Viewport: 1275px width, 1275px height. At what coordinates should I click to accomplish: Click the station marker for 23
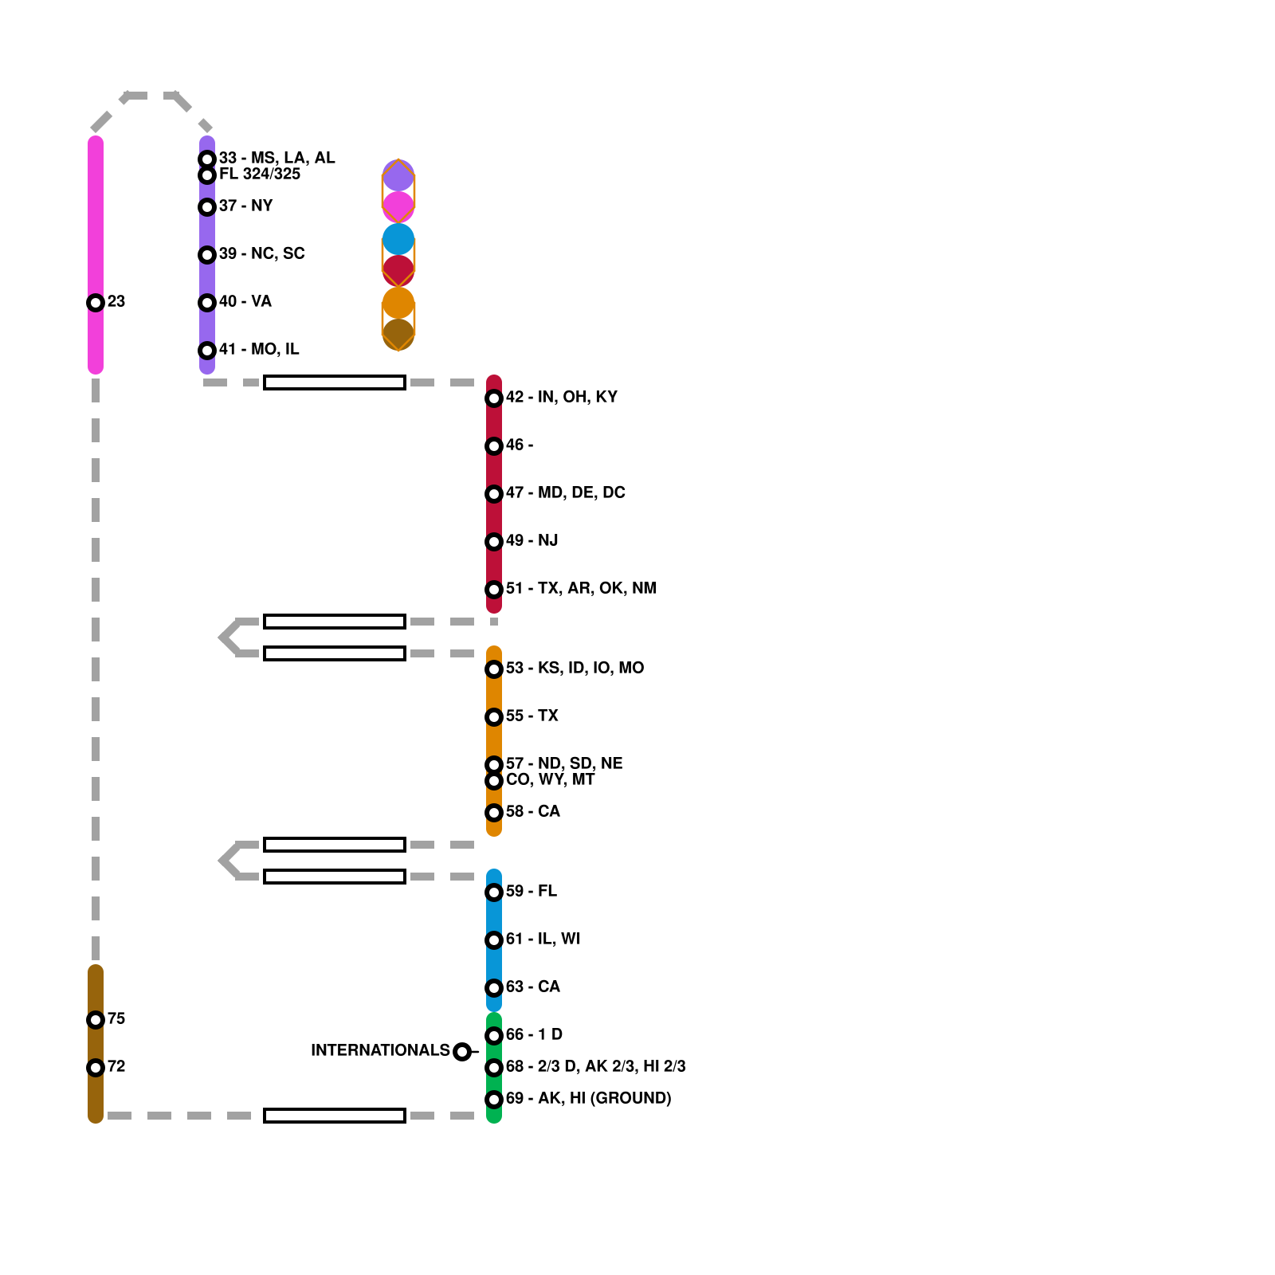96,303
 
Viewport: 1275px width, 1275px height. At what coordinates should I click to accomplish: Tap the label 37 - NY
245,206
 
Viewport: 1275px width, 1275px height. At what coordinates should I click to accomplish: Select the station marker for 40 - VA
207,303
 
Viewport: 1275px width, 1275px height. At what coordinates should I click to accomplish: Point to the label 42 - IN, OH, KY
561,397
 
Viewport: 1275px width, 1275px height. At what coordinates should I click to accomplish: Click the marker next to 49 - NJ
494,542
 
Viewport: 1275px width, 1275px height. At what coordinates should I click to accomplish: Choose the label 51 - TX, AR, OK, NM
581,588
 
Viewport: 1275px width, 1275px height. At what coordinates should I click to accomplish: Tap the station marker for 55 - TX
494,717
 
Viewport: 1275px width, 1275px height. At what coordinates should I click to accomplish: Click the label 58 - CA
532,811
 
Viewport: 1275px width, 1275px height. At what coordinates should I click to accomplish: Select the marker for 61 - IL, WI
494,940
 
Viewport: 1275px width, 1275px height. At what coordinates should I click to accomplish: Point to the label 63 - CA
532,987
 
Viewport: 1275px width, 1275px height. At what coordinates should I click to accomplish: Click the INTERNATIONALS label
380,1050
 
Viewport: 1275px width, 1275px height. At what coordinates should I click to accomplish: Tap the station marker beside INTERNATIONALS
462,1052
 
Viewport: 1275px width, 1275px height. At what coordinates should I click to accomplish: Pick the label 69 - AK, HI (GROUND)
588,1098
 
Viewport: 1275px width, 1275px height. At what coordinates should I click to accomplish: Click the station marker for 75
96,1020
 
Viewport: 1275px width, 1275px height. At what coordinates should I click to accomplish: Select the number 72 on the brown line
116,1066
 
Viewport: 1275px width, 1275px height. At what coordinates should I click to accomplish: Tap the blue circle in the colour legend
398,239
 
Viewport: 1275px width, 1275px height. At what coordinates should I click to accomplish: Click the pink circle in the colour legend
398,207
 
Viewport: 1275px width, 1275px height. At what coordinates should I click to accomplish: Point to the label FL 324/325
260,174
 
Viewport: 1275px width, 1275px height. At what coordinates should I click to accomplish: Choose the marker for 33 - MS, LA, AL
207,159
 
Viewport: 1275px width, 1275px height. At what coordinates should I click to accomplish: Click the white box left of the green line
335,1116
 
